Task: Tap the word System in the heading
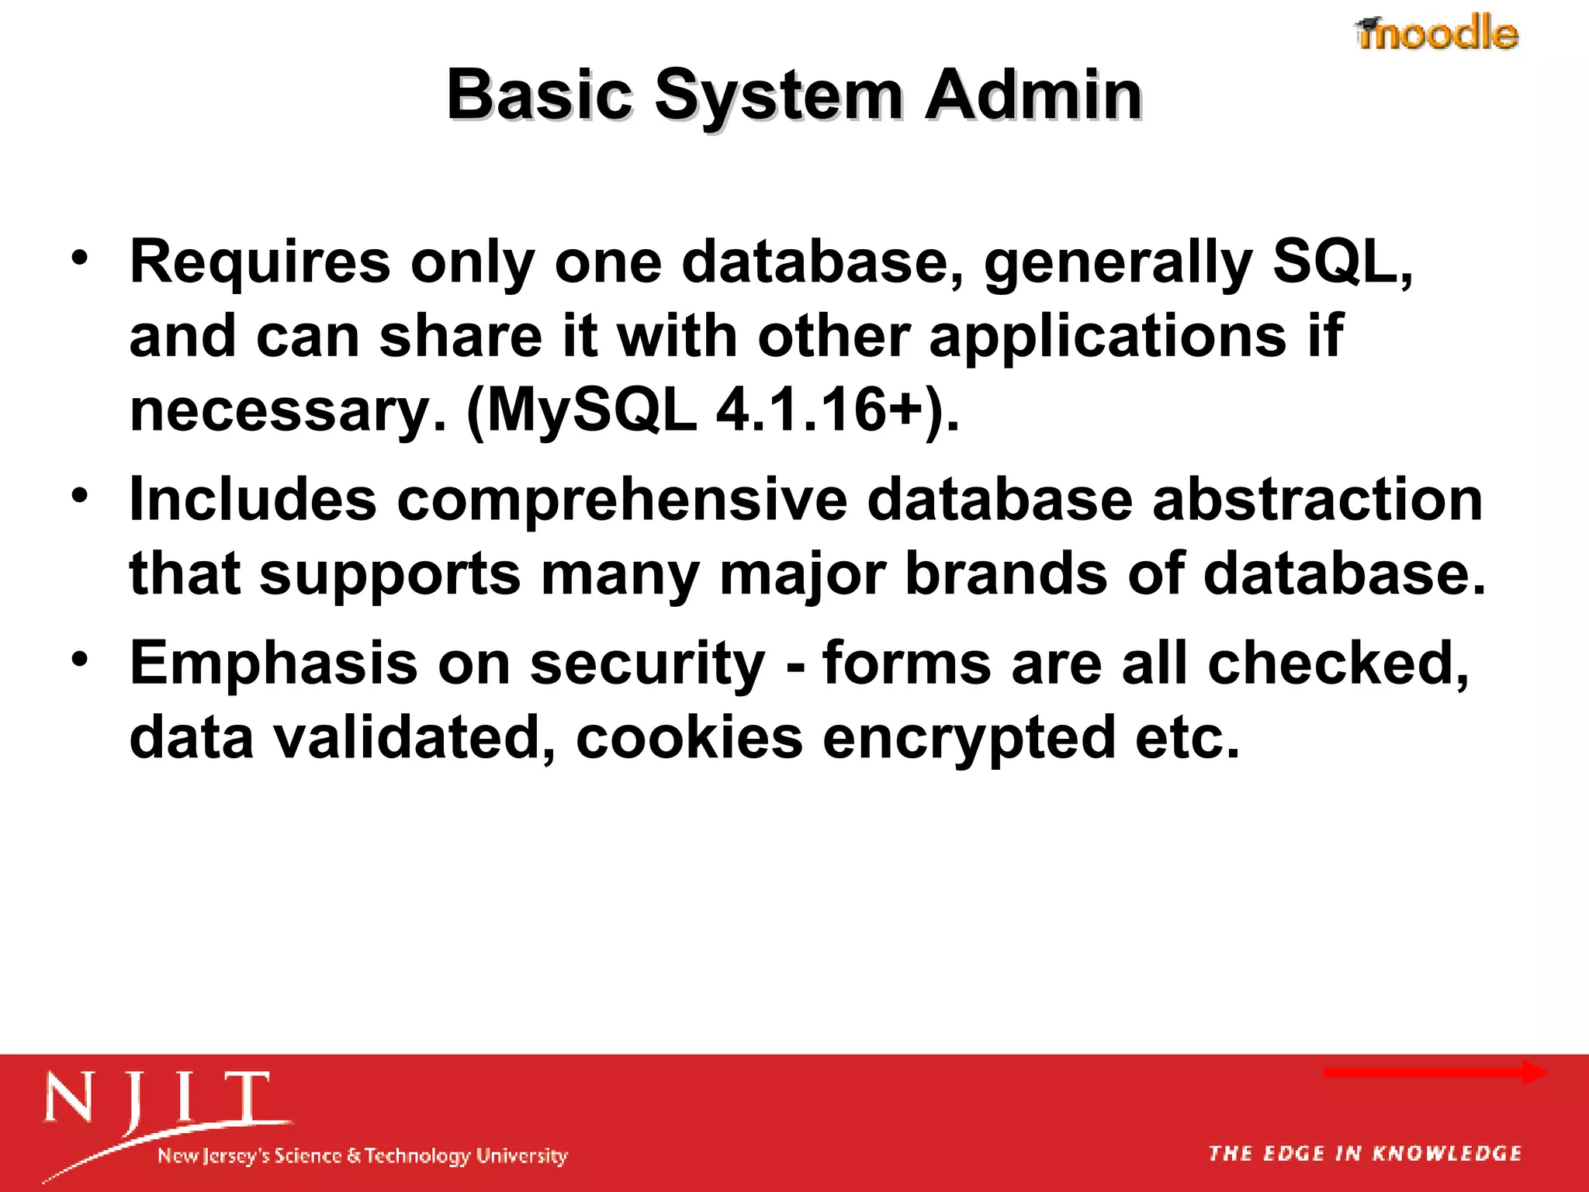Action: click(778, 96)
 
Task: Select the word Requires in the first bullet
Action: click(260, 262)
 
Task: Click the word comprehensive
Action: click(622, 500)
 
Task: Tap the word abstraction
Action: click(1317, 500)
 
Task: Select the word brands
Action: click(1006, 574)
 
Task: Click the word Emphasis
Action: click(273, 664)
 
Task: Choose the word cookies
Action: click(689, 737)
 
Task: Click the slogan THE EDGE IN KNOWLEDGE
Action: click(1365, 1154)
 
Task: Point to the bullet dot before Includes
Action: click(79, 495)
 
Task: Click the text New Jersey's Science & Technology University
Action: click(362, 1156)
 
